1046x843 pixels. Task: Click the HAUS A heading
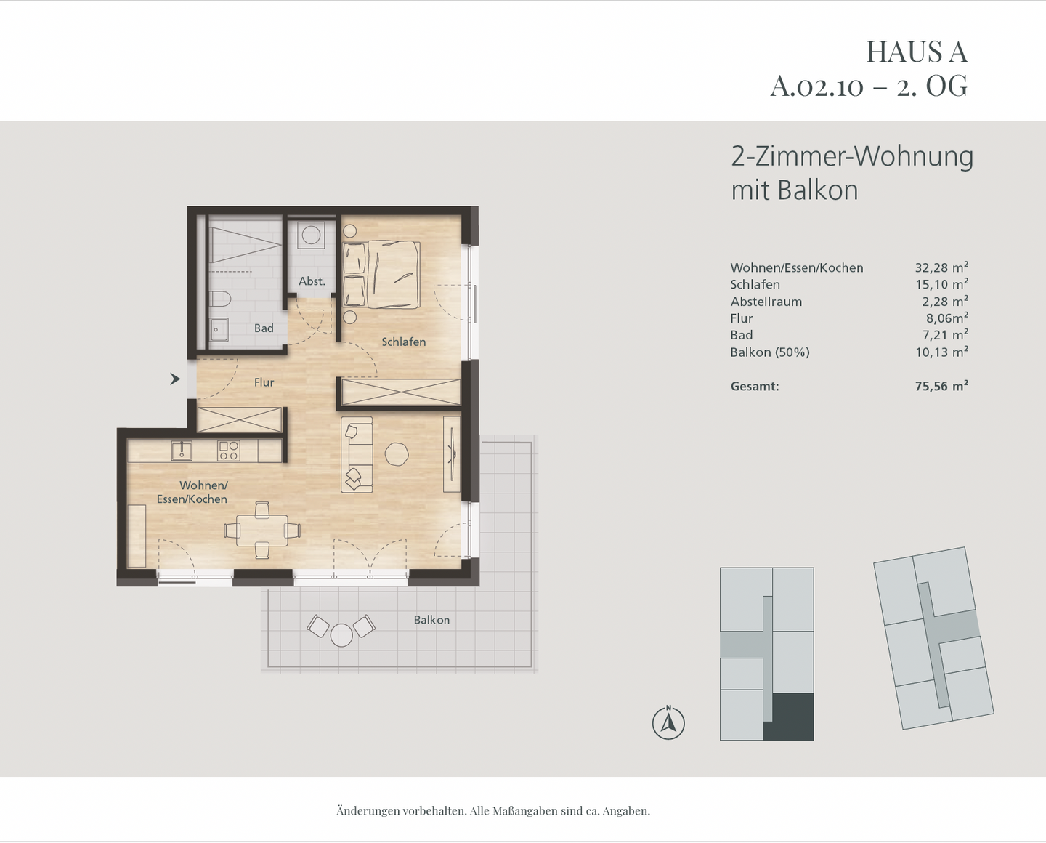pos(916,52)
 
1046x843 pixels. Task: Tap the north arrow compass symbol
pos(668,723)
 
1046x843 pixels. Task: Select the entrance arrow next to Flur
pos(175,379)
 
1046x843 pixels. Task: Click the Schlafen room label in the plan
pos(403,342)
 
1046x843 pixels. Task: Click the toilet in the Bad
pos(219,299)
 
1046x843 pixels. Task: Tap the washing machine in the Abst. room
pos(312,235)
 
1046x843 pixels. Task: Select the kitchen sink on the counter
pos(182,451)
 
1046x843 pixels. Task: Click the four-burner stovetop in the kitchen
pos(228,451)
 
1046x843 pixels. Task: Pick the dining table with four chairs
pos(261,531)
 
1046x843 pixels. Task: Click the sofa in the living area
pos(357,454)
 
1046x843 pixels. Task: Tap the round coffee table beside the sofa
pos(397,454)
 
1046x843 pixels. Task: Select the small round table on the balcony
pos(341,634)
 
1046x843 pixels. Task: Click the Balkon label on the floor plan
pos(431,620)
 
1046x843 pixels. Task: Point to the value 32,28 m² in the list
pos(941,267)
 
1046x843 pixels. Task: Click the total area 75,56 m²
pos(941,386)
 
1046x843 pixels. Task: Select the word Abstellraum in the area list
pos(766,302)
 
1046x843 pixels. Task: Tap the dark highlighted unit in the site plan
pos(792,717)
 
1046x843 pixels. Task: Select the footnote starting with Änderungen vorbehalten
pos(492,810)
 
